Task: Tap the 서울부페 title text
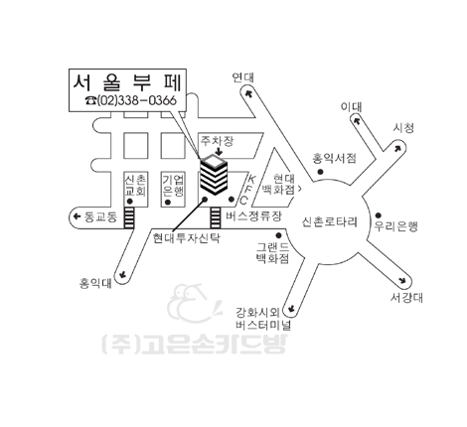coord(127,82)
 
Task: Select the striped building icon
coord(214,175)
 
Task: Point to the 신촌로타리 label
coord(330,221)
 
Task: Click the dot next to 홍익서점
coord(320,172)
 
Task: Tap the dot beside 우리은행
coord(378,215)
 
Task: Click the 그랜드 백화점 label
coord(272,252)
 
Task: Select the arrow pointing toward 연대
coord(248,92)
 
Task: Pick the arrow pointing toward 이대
coord(357,120)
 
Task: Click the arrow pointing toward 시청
coord(397,148)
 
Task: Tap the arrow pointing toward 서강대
coord(402,280)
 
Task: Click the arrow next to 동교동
coord(77,216)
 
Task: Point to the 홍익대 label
coord(95,284)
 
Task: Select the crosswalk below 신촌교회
coord(129,217)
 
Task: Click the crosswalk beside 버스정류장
coord(216,217)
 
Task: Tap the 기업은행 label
coord(173,186)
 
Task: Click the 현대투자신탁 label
coord(186,238)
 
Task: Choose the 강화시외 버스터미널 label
coord(263,319)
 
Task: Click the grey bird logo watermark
coord(194,304)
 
